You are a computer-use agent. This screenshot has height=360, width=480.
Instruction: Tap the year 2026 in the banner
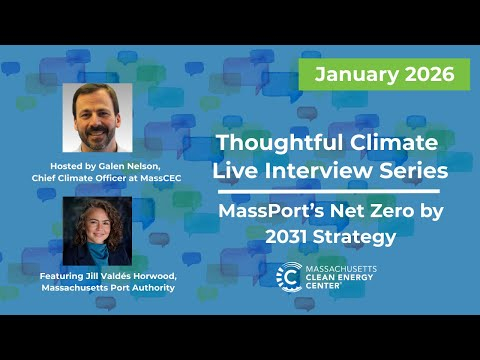[428, 74]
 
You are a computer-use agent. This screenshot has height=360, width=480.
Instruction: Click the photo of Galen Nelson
[97, 117]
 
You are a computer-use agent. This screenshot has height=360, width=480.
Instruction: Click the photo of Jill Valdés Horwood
[97, 231]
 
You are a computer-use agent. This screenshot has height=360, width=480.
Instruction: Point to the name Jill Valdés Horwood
[117, 275]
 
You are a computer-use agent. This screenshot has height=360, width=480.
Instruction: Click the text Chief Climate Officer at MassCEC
[97, 177]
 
